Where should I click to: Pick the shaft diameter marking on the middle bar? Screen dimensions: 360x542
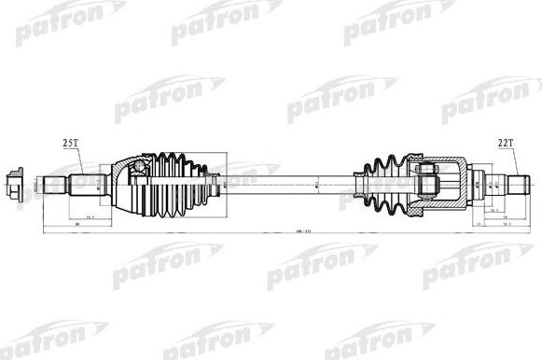point(316,183)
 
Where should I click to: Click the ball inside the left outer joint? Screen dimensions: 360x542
point(139,167)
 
